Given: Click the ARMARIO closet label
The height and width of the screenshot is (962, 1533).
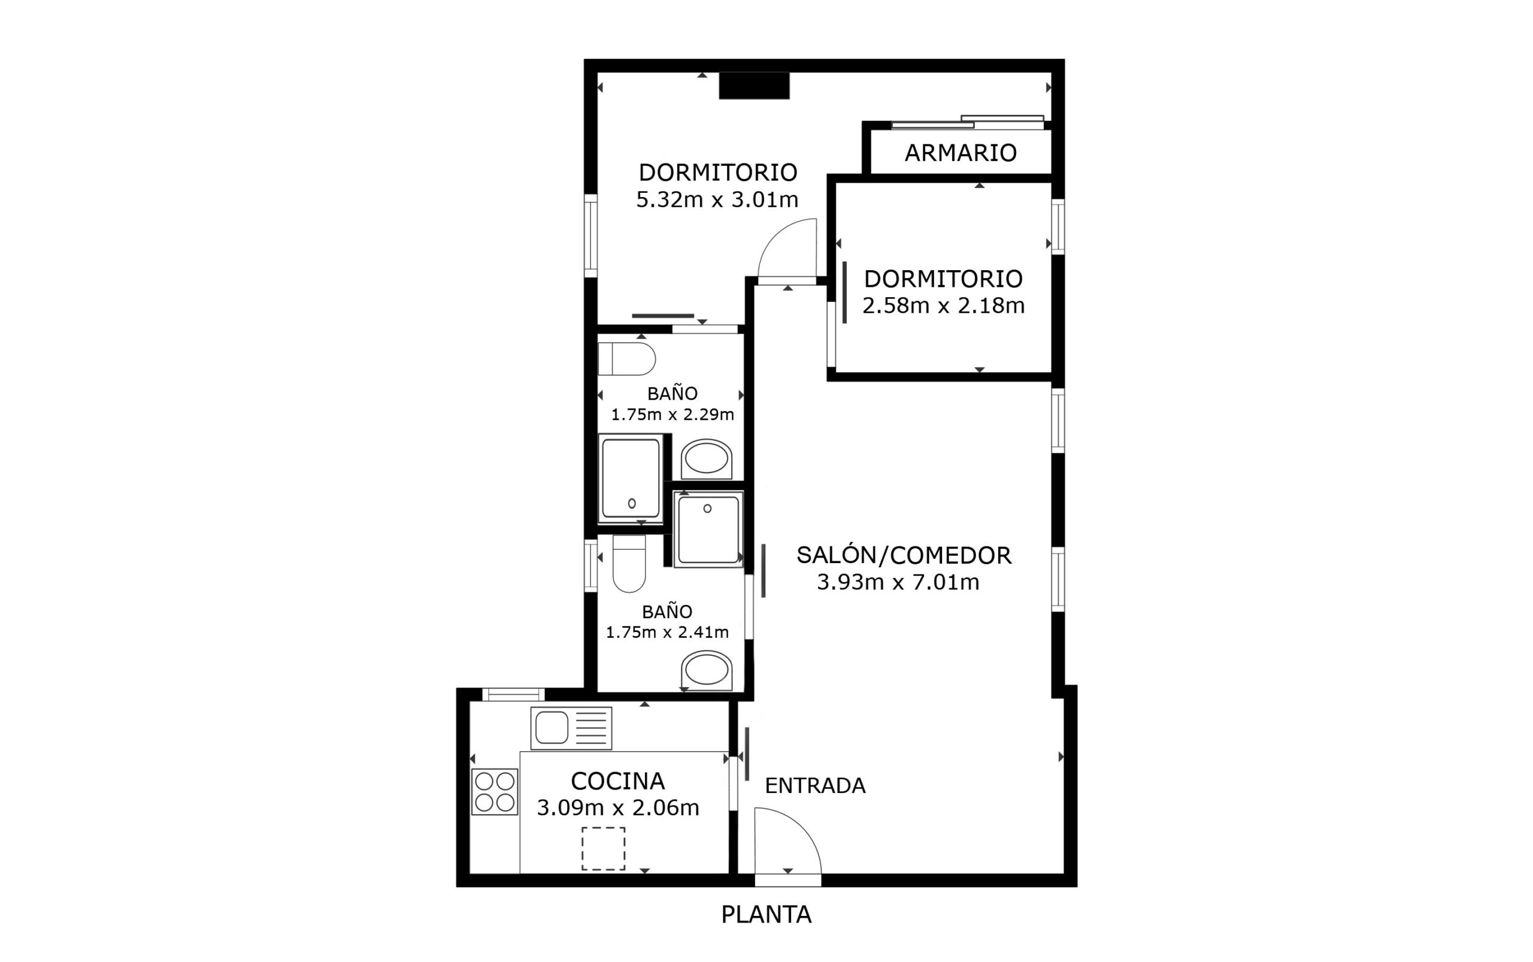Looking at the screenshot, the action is pos(961,153).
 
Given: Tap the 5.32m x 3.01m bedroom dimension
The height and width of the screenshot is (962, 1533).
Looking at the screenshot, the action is pos(717,200).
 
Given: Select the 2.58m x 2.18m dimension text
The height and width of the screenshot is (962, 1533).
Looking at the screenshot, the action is pos(943,306).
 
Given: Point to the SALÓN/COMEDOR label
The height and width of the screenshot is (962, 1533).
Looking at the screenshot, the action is pos(904,555).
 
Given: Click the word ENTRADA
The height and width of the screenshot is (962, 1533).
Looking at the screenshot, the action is pos(815,786).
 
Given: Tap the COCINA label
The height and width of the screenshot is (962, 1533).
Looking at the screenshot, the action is pos(617,781).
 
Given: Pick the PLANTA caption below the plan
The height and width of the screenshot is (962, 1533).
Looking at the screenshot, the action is pos(766,914).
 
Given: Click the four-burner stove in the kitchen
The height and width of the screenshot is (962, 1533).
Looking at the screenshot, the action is pos(494,791).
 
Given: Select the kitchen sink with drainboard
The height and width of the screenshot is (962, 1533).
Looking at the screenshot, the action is pos(571,728).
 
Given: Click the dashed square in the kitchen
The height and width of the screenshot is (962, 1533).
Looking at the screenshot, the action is pos(603,848).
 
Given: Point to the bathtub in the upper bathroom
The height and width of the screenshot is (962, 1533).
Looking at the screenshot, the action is pos(631,478).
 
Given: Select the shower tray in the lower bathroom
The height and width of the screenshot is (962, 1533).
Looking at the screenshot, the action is pos(708,530).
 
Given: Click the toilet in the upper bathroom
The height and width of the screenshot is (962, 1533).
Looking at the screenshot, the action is pos(626,359).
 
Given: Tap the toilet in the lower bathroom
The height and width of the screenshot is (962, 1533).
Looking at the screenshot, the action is pos(629,563).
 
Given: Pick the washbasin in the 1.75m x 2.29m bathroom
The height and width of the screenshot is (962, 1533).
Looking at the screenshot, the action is pos(706,459).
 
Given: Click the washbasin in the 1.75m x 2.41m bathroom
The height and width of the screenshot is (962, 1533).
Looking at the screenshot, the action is pos(706,670).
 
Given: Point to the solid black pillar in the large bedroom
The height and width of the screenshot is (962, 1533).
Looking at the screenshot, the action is pos(754,86).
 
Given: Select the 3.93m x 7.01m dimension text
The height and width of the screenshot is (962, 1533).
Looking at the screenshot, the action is pos(898,582).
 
